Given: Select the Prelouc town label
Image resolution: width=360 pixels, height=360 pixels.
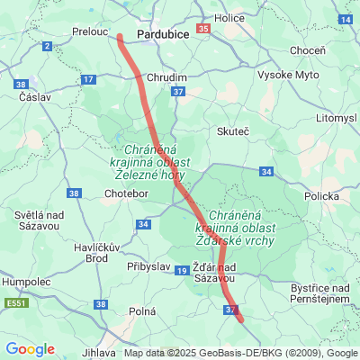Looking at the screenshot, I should [x=90, y=31].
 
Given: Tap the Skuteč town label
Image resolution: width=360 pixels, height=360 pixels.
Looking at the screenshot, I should [x=232, y=131].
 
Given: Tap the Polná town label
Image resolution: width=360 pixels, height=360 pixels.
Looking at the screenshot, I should [x=142, y=310].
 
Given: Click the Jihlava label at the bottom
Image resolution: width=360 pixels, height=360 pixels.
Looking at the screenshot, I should [x=98, y=353].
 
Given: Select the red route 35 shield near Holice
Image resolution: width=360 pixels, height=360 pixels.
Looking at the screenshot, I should [x=203, y=29].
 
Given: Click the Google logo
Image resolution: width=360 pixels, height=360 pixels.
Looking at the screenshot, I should [x=30, y=349].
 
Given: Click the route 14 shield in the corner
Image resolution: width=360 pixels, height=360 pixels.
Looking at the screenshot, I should [x=346, y=18].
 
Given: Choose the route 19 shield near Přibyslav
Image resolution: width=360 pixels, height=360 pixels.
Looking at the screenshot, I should [x=182, y=270].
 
